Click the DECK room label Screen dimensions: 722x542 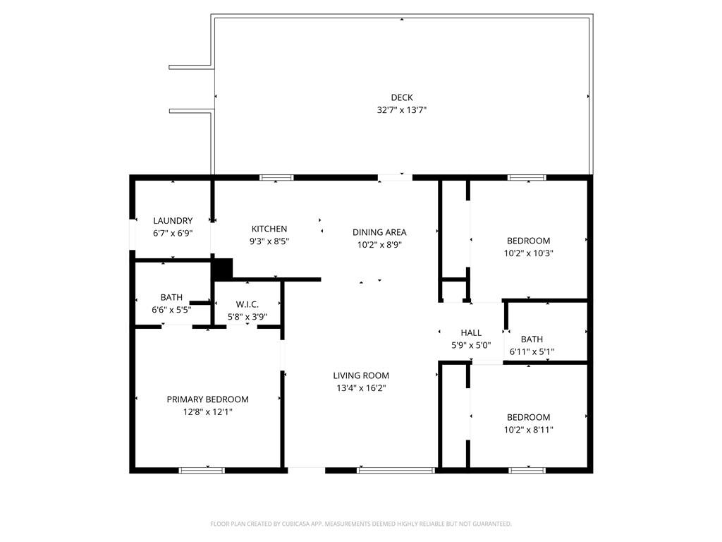tap(401, 97)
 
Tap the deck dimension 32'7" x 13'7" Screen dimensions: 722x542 tap(401, 110)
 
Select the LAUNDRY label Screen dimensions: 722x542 tap(173, 221)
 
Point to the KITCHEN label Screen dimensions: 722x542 tap(269, 229)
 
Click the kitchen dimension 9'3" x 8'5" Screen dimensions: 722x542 tap(269, 241)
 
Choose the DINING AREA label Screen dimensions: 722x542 tap(379, 232)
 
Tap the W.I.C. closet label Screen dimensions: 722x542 tap(247, 304)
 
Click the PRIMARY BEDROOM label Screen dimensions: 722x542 tap(208, 399)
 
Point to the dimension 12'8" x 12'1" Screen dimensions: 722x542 tap(208, 411)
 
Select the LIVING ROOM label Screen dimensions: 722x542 tap(361, 375)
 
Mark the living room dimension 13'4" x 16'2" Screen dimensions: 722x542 tap(361, 388)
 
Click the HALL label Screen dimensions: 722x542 tap(471, 333)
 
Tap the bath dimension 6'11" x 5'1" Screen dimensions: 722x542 tap(532, 351)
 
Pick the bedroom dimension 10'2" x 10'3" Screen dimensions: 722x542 tap(529, 253)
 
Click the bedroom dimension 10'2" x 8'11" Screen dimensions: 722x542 tap(529, 430)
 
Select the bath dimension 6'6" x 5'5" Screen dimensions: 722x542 tap(172, 310)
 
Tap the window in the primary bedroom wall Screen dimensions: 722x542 tap(202, 470)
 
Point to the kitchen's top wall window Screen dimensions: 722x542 tap(276, 177)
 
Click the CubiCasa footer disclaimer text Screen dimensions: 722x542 tap(361, 524)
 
